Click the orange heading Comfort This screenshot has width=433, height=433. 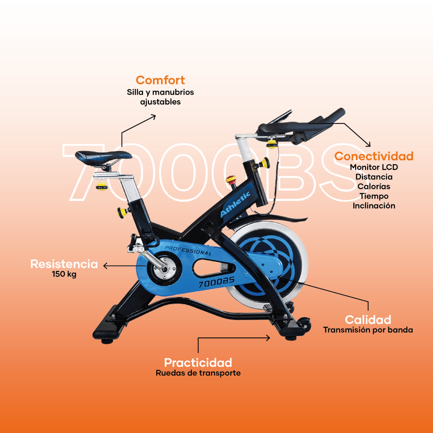tap(160, 80)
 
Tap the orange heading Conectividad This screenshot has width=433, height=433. tap(374, 156)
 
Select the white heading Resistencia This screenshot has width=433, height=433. tap(64, 264)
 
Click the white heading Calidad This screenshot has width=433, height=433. tap(368, 320)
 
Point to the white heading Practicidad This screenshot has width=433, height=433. tap(198, 362)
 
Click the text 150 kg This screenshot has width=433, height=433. tap(64, 274)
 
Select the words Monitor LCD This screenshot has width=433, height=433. tap(374, 167)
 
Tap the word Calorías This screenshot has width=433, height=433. tap(374, 187)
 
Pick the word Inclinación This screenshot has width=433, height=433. tap(374, 206)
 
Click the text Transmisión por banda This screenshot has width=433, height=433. tap(368, 330)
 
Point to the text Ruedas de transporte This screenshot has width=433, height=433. tap(198, 373)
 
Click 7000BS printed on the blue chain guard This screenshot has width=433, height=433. tap(216, 282)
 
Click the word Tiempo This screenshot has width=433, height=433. tap(374, 196)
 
